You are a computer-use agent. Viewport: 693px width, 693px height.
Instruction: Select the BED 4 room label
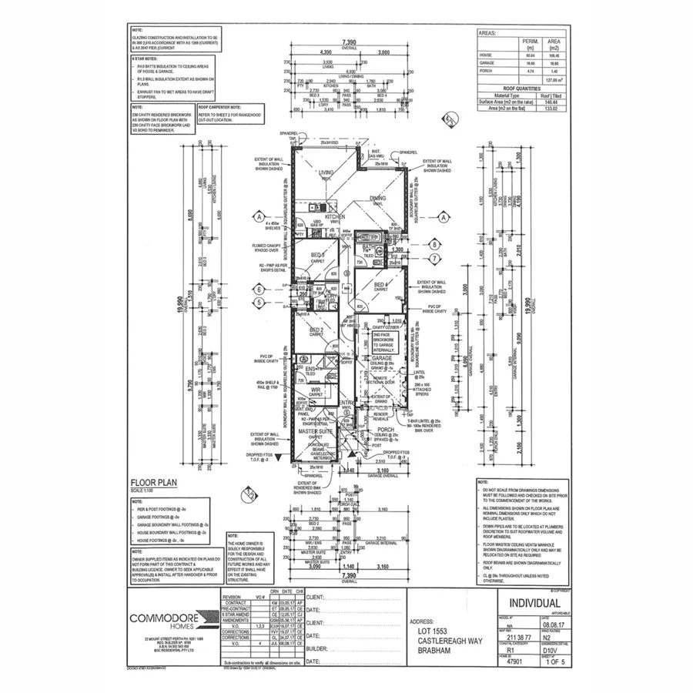[x=380, y=284]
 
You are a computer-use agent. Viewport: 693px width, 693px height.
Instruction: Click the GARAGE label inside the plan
[x=383, y=359]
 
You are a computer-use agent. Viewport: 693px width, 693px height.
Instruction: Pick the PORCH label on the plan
[x=386, y=430]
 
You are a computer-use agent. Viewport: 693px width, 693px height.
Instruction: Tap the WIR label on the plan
[x=315, y=389]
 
